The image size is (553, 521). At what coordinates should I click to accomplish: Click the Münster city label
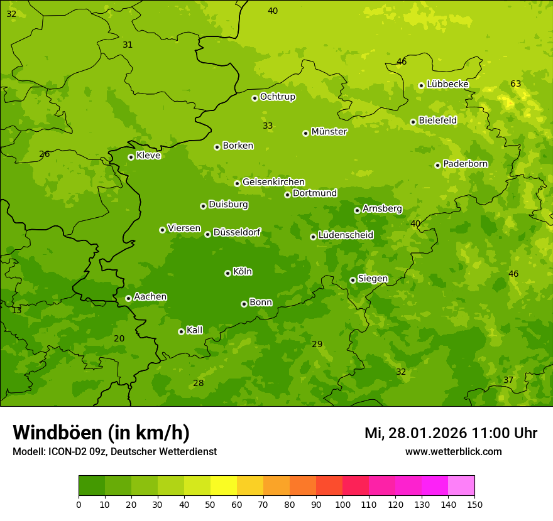pyautogui.click(x=329, y=132)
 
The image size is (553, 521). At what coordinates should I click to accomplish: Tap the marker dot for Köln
pyautogui.click(x=227, y=273)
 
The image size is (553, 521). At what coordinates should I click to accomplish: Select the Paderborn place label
pyautogui.click(x=465, y=164)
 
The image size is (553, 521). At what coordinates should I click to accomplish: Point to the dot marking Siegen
pyautogui.click(x=353, y=280)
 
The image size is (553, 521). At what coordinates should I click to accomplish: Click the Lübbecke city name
pyautogui.click(x=447, y=84)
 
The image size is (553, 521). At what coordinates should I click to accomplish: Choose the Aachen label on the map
pyautogui.click(x=150, y=297)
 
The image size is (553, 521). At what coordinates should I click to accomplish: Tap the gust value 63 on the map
pyautogui.click(x=515, y=83)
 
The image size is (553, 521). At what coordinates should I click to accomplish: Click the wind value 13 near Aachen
pyautogui.click(x=16, y=310)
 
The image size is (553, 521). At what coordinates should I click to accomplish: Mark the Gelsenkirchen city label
pyautogui.click(x=273, y=182)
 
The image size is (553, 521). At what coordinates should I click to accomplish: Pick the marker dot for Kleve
pyautogui.click(x=131, y=157)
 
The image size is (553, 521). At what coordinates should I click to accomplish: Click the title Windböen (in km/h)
pyautogui.click(x=101, y=432)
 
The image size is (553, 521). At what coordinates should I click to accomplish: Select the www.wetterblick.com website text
pyautogui.click(x=453, y=451)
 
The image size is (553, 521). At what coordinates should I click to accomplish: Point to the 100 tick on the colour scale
pyautogui.click(x=342, y=504)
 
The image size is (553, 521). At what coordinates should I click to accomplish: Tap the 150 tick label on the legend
pyautogui.click(x=474, y=504)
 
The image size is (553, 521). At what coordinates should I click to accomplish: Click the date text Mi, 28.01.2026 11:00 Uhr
pyautogui.click(x=451, y=433)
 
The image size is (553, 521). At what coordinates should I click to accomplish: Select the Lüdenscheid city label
pyautogui.click(x=346, y=235)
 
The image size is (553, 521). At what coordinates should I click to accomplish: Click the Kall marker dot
pyautogui.click(x=181, y=331)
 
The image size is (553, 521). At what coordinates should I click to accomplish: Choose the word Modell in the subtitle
pyautogui.click(x=28, y=452)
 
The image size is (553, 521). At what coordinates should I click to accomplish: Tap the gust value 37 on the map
pyautogui.click(x=508, y=380)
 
